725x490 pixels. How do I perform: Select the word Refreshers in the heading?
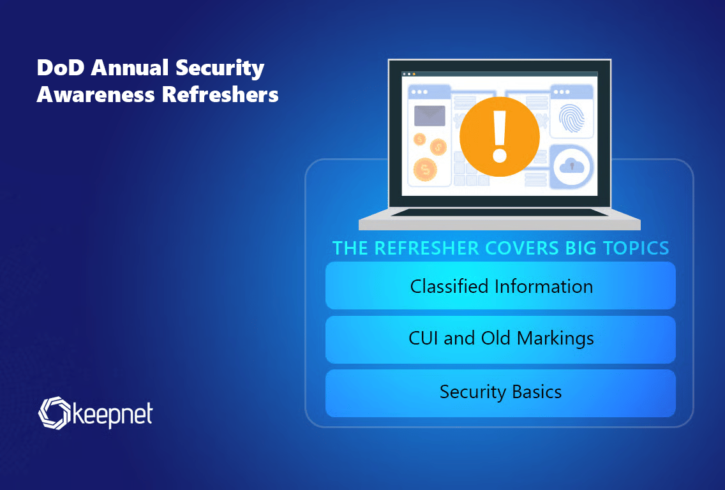point(220,94)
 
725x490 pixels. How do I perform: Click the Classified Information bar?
point(500,286)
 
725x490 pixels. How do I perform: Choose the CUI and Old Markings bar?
point(500,339)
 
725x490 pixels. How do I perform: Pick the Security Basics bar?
point(500,393)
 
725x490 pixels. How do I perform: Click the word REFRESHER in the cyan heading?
point(427,248)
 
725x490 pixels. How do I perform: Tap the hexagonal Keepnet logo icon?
point(54,413)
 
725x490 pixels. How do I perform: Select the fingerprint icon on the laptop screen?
point(571,118)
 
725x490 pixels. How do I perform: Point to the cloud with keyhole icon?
point(572,167)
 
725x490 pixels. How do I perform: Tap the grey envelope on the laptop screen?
point(430,116)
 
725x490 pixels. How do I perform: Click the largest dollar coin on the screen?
point(425,169)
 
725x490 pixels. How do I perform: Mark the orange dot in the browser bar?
point(414,74)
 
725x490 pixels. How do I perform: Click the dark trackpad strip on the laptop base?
point(499,212)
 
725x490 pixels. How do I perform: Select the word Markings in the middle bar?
point(555,339)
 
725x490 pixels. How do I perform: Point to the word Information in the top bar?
point(544,286)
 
